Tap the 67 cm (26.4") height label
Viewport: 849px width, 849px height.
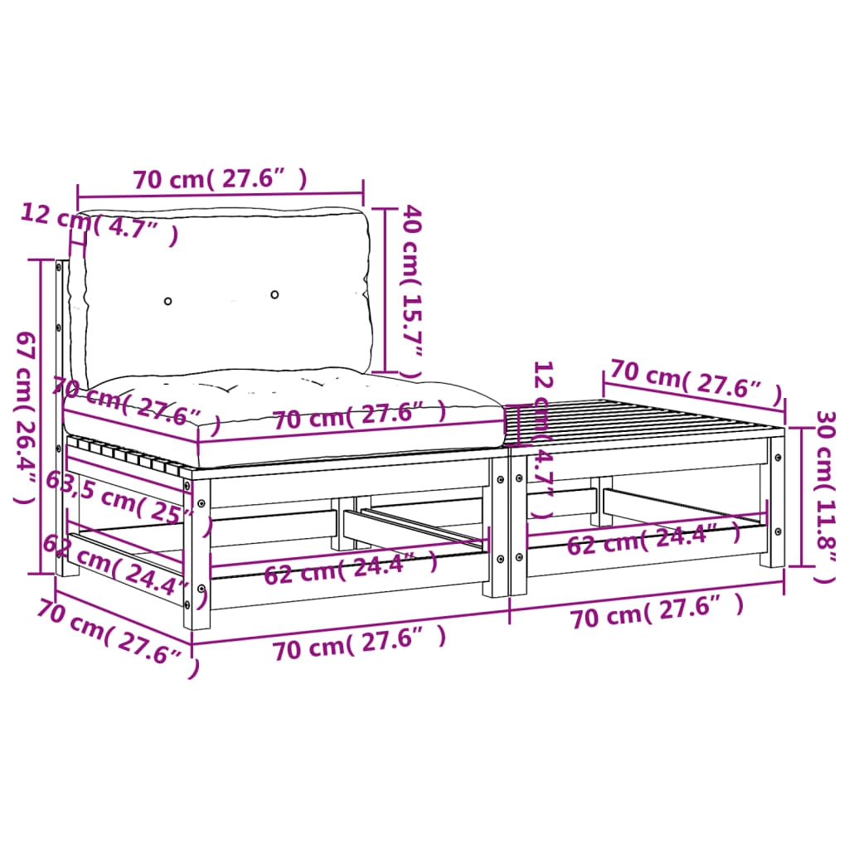[x=26, y=417]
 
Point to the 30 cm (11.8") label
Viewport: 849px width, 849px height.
[x=827, y=497]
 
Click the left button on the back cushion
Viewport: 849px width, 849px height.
[x=167, y=301]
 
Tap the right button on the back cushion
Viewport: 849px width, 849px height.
[x=274, y=294]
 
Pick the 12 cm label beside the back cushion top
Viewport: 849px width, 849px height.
[x=99, y=223]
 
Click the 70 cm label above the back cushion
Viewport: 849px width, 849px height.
[x=221, y=179]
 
